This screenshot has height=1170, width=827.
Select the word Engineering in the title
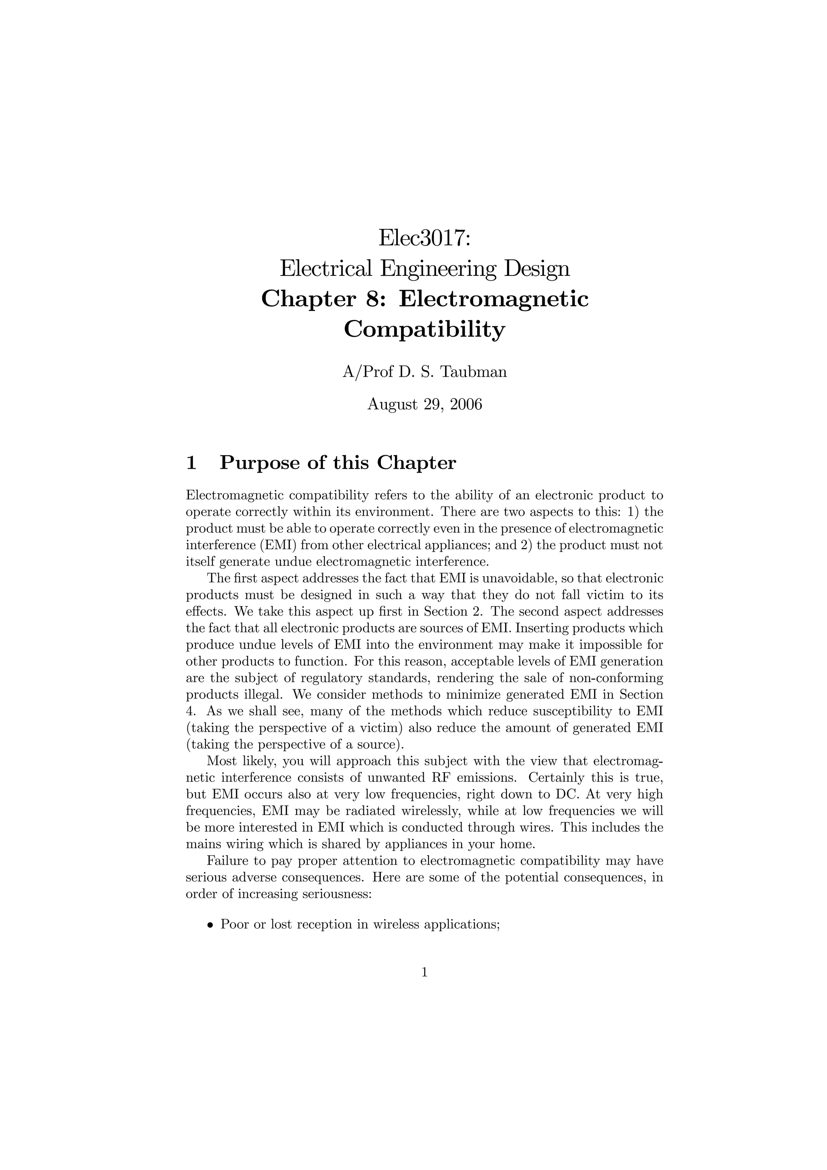click(438, 269)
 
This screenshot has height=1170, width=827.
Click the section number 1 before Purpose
click(191, 463)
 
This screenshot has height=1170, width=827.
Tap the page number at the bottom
click(424, 973)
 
